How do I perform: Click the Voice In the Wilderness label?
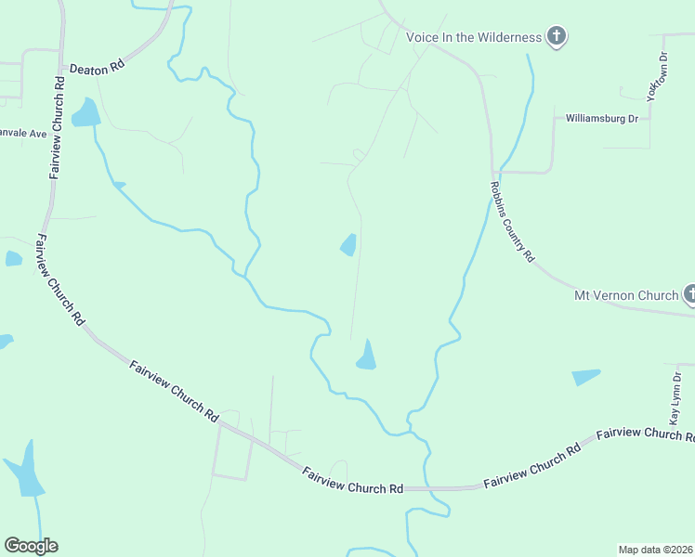[x=473, y=37]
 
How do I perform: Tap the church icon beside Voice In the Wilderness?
[x=557, y=37]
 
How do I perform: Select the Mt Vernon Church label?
[x=626, y=295]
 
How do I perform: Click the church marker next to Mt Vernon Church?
[x=689, y=295]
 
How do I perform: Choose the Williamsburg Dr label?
[x=602, y=119]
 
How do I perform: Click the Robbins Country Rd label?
[x=512, y=221]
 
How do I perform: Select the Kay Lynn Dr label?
[x=676, y=399]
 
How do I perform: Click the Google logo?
[x=31, y=546]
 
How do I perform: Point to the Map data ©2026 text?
[x=656, y=549]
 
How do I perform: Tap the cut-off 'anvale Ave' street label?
[x=23, y=134]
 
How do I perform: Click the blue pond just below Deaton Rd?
[x=86, y=113]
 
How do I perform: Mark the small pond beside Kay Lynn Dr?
[x=585, y=376]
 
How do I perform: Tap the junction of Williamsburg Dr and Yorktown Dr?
[x=649, y=119]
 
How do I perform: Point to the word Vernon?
[x=637, y=295]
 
